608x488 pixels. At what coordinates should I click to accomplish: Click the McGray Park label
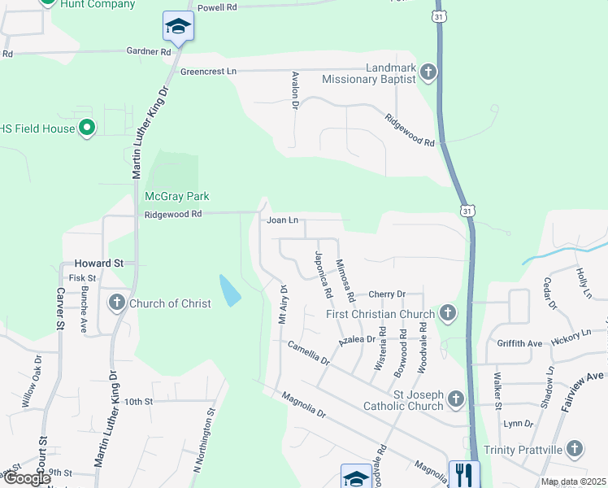point(176,196)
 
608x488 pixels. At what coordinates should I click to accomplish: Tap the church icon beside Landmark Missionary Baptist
point(428,73)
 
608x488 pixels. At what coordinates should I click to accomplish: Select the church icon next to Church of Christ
point(116,303)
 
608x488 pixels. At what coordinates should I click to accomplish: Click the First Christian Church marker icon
point(447,313)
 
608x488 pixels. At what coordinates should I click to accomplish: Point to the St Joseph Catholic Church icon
point(455,399)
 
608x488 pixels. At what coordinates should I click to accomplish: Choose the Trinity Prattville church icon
point(575,448)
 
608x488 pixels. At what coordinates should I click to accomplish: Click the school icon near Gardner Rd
point(178,27)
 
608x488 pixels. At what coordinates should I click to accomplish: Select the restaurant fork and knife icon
point(464,474)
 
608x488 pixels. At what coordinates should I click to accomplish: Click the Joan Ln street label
point(283,220)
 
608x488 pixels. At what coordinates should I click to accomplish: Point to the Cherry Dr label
point(386,294)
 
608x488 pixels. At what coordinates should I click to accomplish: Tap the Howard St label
point(98,264)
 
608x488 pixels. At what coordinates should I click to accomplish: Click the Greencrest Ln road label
point(208,72)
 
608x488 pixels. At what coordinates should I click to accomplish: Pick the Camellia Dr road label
point(308,352)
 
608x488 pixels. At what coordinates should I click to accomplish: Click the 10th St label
point(138,401)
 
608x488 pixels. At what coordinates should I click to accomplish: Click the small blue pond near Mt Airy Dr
point(230,290)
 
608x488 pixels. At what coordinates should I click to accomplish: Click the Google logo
point(27,479)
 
